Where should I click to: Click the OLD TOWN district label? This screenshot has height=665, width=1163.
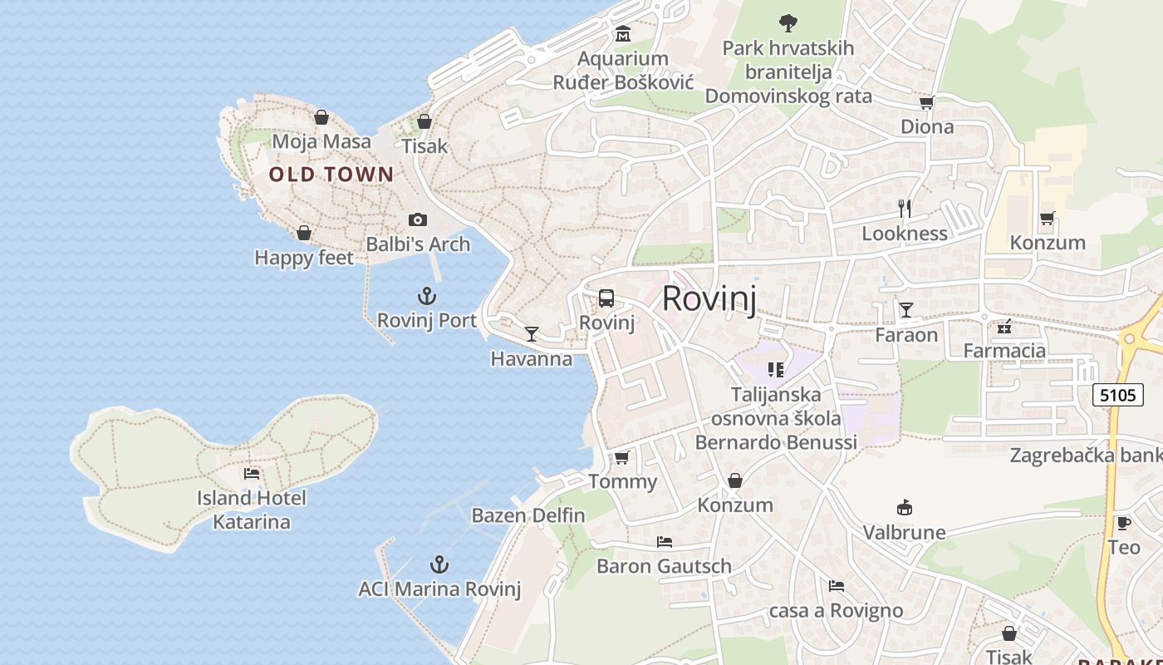(x=331, y=175)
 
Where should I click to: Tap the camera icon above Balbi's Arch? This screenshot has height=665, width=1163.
(x=418, y=219)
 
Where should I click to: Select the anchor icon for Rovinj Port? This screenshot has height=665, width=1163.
(x=426, y=296)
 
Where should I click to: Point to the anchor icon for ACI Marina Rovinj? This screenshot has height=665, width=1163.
(x=439, y=565)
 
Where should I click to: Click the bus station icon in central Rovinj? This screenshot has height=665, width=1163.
(x=606, y=298)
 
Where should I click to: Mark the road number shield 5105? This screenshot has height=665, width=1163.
(x=1117, y=395)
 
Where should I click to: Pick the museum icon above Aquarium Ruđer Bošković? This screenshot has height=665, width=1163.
(x=623, y=34)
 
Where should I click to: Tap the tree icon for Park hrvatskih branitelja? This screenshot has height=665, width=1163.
(x=788, y=22)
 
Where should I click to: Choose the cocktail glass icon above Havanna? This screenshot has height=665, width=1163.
(x=532, y=334)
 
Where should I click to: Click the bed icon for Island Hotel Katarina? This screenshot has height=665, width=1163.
(x=252, y=474)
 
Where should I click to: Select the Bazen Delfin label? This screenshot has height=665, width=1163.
(x=528, y=515)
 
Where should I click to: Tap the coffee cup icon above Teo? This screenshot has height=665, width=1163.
(x=1123, y=523)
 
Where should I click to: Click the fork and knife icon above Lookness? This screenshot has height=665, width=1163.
(x=905, y=209)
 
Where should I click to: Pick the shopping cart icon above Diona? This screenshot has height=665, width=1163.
(x=926, y=102)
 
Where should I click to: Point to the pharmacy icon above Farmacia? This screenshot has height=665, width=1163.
(x=1004, y=326)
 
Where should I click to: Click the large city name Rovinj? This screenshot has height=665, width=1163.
(x=709, y=298)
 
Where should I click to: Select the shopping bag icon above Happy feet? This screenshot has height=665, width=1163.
(x=304, y=233)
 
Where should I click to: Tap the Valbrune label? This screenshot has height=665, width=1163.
(x=904, y=532)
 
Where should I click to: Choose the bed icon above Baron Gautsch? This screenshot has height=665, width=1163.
(x=664, y=542)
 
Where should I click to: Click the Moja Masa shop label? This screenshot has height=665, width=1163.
(x=321, y=141)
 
